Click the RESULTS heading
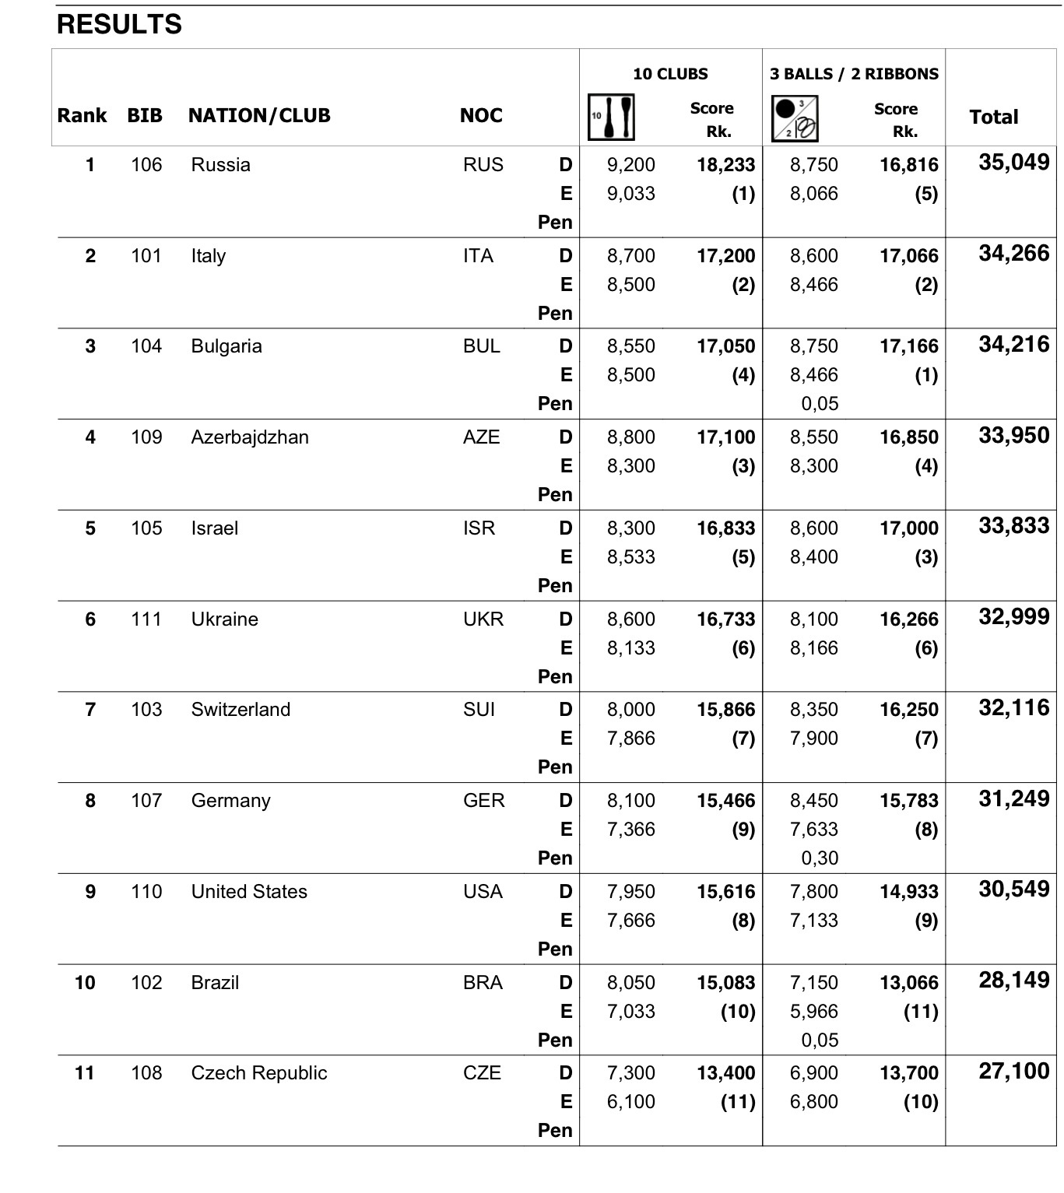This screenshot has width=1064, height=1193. [119, 25]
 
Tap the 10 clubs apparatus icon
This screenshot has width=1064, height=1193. [611, 118]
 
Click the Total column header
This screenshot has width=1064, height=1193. [993, 118]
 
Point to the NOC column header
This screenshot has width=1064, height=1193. [481, 116]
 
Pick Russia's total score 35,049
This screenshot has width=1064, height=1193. [1013, 163]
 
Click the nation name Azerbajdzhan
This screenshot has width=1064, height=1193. [250, 437]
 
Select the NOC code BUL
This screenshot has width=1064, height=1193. [481, 346]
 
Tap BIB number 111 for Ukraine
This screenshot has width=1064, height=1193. [146, 619]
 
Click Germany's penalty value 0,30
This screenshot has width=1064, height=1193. [820, 858]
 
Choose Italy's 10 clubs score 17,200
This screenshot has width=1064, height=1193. [725, 256]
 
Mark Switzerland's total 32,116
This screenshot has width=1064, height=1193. [1013, 708]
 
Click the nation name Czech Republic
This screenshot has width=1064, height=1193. [259, 1073]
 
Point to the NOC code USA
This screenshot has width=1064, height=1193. [483, 892]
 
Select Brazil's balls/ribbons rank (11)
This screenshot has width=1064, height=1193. [920, 1012]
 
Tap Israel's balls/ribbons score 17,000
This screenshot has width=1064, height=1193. [908, 528]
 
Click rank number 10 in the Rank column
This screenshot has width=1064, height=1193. [85, 983]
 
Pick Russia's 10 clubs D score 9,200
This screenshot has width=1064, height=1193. [630, 165]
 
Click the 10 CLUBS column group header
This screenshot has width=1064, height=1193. [670, 74]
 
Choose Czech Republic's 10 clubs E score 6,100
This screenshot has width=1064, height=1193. [630, 1102]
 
